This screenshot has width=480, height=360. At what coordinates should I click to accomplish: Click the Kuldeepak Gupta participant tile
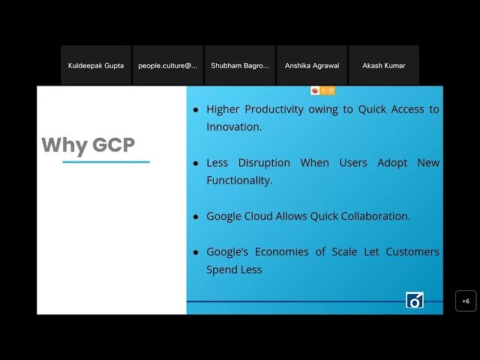(96, 65)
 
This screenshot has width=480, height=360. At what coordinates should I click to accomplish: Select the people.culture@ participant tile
(167, 65)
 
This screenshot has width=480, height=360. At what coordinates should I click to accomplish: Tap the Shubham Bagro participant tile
(239, 65)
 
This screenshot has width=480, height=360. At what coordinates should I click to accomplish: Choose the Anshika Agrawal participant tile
(311, 65)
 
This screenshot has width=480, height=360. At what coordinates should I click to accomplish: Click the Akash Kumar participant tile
(383, 65)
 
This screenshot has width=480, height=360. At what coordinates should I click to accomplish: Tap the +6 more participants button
(466, 301)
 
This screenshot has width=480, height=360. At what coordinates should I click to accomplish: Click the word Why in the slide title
(64, 145)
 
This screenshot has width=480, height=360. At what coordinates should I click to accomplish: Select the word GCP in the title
(113, 145)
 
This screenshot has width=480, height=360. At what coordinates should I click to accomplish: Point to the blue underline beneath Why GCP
(106, 161)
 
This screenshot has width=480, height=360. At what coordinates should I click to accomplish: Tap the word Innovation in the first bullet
(232, 127)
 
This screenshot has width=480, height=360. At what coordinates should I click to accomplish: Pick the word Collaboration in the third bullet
(372, 216)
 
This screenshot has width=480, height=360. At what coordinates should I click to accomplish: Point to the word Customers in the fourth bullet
(412, 252)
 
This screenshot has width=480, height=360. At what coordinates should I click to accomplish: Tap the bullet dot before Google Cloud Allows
(196, 217)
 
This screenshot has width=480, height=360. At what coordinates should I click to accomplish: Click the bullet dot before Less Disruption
(196, 163)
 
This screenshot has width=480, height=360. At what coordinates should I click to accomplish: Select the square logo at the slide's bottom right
(414, 300)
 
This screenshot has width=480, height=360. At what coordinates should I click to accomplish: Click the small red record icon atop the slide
(315, 91)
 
